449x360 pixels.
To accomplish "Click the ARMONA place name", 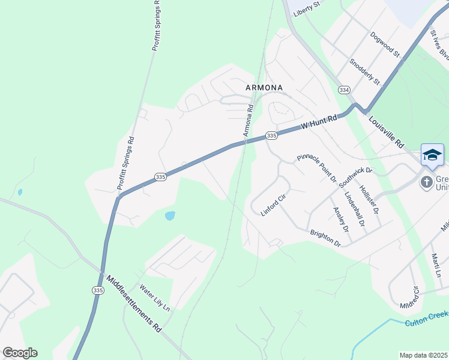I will tap(264, 88).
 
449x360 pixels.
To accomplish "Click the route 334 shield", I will tap(343, 90).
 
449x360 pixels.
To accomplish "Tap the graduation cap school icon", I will tap(432, 155).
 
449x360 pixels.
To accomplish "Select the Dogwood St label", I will tap(385, 44).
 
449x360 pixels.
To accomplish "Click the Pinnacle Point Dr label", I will tap(316, 167).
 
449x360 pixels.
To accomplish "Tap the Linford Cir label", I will tap(273, 205).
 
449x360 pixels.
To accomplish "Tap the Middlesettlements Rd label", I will tap(134, 304).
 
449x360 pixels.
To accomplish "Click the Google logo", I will tap(20, 353).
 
